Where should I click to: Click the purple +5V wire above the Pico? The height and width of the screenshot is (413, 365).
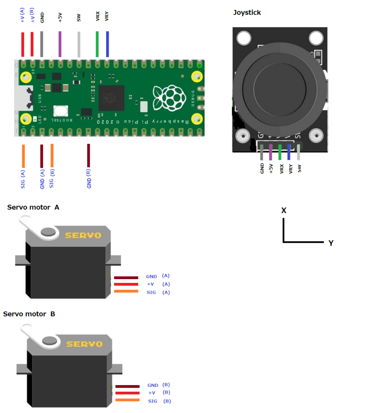click(60, 44)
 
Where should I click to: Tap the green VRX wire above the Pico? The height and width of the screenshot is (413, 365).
click(97, 44)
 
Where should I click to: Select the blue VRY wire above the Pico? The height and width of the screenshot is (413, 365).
click(107, 44)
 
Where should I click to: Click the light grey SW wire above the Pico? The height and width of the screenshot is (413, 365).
click(79, 44)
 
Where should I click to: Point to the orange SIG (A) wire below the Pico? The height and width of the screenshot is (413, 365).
click(23, 156)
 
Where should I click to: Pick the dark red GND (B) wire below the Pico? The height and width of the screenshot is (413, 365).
click(88, 155)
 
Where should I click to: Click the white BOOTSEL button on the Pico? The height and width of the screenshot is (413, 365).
click(60, 111)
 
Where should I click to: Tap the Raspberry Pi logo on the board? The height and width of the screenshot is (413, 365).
click(169, 98)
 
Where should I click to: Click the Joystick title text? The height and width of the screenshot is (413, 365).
click(247, 13)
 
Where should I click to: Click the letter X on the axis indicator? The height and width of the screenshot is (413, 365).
click(284, 211)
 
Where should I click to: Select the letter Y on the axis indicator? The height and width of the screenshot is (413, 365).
click(331, 243)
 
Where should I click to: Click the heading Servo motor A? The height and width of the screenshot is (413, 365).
click(33, 207)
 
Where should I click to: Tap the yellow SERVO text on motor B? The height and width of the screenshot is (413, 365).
click(84, 344)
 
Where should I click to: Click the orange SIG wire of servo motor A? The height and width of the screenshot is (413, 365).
click(126, 291)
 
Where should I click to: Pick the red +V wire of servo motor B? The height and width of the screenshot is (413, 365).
click(127, 393)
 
